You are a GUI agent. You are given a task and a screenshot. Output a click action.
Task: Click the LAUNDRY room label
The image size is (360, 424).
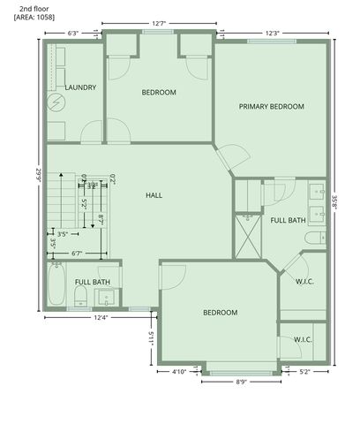click(x=80, y=87)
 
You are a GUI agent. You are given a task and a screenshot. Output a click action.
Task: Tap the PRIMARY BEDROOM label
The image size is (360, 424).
click(x=272, y=106)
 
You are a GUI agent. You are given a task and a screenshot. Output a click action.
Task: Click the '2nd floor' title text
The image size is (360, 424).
click(x=34, y=7)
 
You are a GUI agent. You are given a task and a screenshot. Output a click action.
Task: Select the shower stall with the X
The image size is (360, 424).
click(x=246, y=235)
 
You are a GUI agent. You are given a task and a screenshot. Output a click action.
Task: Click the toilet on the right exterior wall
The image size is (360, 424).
click(x=313, y=239)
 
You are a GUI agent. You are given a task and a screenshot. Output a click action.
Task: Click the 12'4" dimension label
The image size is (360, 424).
click(x=99, y=317)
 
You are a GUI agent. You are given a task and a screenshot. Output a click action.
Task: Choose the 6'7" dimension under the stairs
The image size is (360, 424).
click(x=76, y=254)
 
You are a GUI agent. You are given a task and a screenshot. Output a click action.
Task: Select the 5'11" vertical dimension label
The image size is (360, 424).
click(x=152, y=337)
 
